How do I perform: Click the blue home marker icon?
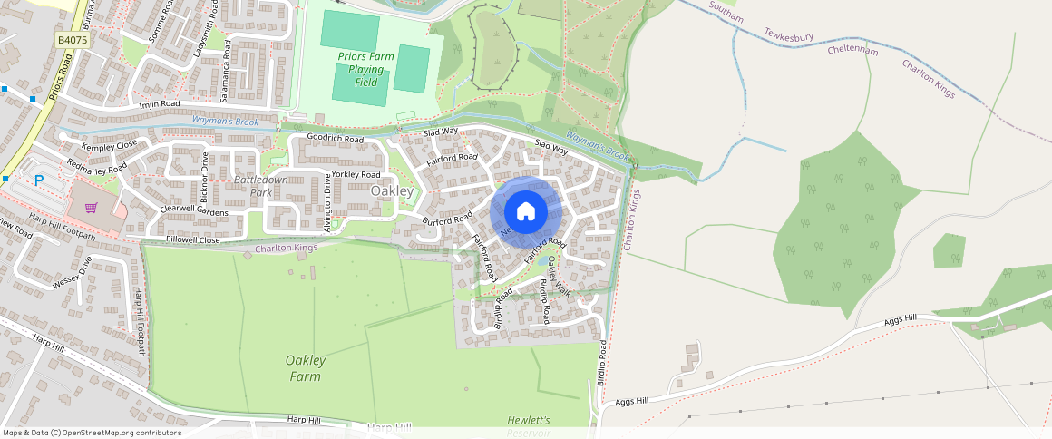coord(526,212)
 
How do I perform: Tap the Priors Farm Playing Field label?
coord(365,69)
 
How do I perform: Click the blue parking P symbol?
coord(39,180)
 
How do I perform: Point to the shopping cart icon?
coord(91,208)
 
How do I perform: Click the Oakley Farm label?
coord(306,367)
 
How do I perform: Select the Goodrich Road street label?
coord(335,139)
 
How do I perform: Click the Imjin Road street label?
coord(160,105)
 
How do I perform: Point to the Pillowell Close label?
coord(193,240)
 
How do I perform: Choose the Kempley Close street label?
coord(109,145)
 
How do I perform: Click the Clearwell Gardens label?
coord(194,210)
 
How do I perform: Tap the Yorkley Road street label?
coord(356,174)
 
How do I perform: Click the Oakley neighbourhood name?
coord(392,191)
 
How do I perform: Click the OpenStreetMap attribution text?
coord(92,433)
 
